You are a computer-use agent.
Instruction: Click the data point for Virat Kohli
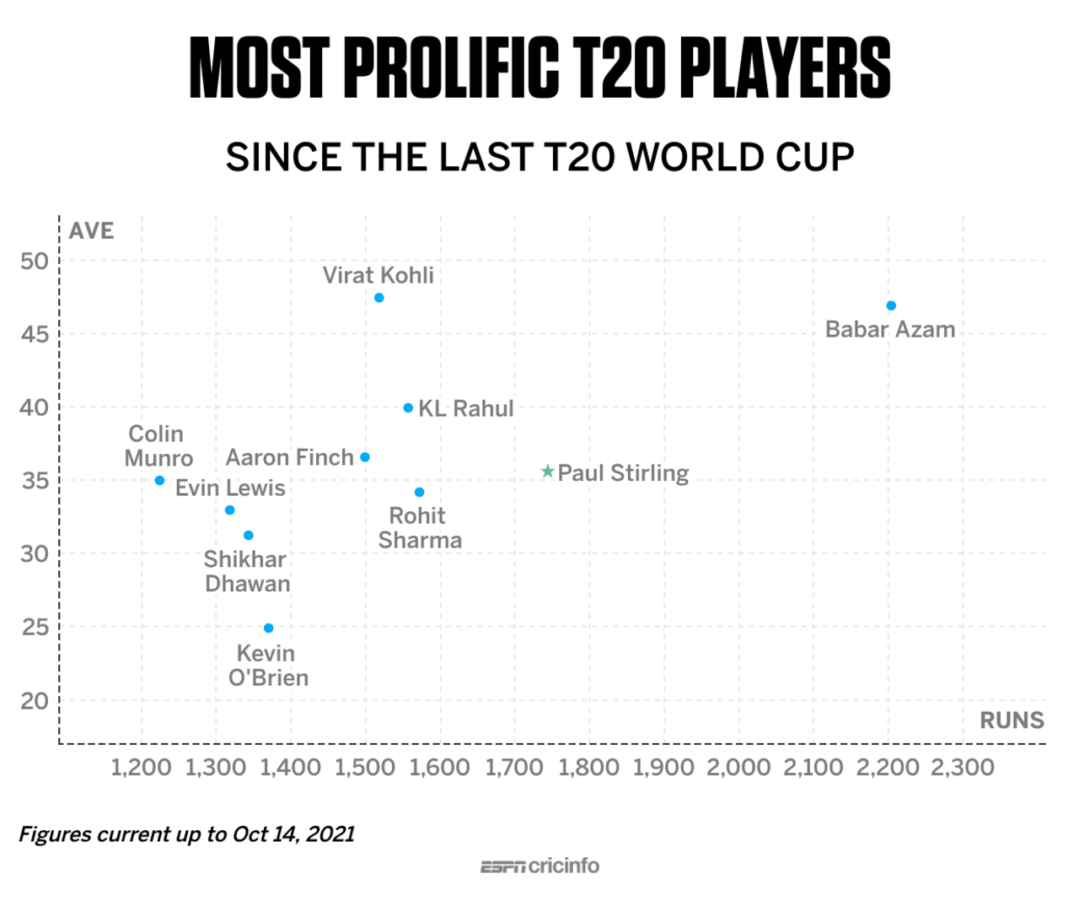click(379, 298)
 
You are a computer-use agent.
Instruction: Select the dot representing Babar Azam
click(891, 305)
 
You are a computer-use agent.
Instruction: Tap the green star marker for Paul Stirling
click(548, 472)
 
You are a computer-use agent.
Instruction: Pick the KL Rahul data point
click(408, 408)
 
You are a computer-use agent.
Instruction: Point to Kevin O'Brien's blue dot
click(269, 628)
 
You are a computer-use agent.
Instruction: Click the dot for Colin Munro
click(159, 481)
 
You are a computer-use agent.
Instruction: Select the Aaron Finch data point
click(365, 457)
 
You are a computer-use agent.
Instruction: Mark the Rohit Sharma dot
click(419, 493)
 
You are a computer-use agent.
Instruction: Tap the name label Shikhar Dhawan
click(246, 571)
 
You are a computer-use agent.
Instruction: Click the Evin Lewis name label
click(230, 488)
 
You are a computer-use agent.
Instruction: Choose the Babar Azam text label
click(890, 329)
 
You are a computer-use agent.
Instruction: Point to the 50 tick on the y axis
click(35, 261)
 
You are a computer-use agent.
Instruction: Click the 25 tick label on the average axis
click(35, 628)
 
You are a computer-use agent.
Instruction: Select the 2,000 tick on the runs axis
click(738, 768)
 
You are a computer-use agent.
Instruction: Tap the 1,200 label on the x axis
click(142, 768)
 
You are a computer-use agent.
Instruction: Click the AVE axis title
click(91, 231)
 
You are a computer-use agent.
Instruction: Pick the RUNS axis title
click(1012, 720)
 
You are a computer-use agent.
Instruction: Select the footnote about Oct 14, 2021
click(186, 834)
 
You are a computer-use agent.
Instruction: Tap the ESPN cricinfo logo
click(539, 866)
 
